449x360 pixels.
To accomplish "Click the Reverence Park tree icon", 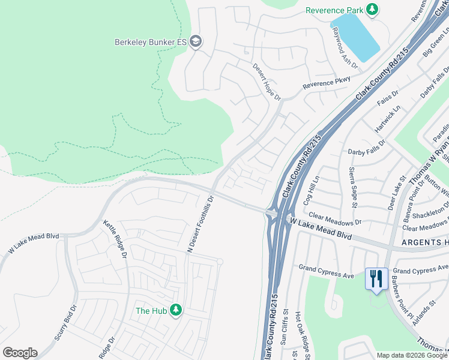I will coord(373,9).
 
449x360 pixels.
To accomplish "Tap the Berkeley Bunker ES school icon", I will coord(195,41).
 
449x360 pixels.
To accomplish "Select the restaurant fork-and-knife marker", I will coord(377,279).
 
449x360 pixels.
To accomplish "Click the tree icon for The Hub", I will coord(176,310).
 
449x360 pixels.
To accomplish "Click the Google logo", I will coord(20,353).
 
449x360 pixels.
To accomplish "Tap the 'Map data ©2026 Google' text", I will coord(411,355).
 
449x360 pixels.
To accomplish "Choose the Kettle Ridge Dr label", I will coord(116,239).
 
